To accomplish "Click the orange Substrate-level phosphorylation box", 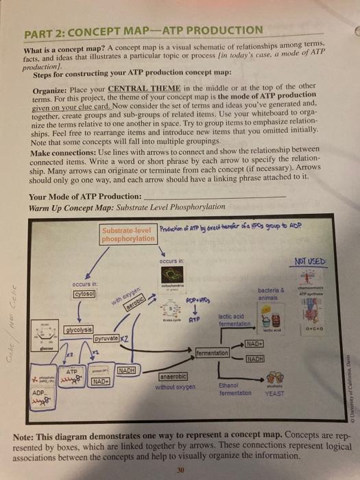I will pos(128,235).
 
